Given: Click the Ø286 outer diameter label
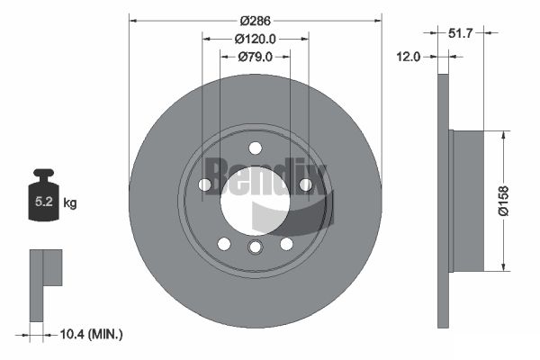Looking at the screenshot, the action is point(256,21).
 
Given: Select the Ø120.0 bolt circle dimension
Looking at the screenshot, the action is point(256,39).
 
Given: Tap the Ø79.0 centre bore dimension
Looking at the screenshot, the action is point(256,57).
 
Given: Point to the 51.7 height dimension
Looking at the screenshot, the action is point(461,33).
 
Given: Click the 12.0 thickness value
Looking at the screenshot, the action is point(408,57).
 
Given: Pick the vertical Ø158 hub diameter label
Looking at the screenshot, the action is point(503,201).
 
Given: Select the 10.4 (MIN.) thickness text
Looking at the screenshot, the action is point(91,334).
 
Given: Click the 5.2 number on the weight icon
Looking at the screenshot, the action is point(44,202).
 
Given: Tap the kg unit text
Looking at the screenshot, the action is point(70,202).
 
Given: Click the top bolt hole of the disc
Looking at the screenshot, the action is point(256,148).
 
